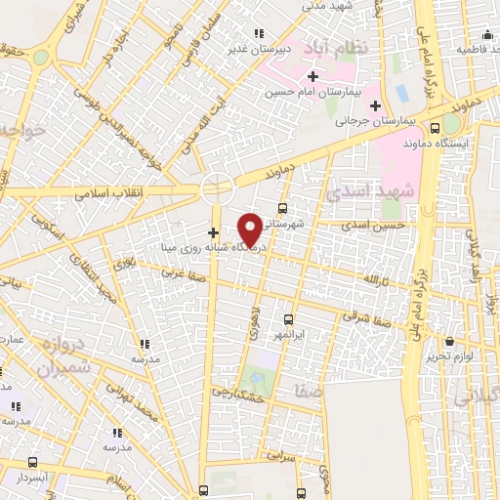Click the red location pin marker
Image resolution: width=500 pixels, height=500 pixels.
(251, 228)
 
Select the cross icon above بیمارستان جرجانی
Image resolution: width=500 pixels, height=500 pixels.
(375, 104)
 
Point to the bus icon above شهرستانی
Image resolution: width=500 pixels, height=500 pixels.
(282, 208)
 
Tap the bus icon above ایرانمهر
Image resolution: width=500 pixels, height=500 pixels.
(288, 318)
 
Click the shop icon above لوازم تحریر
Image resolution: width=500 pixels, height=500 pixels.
(449, 342)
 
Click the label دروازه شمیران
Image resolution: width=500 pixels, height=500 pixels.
(63, 354)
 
